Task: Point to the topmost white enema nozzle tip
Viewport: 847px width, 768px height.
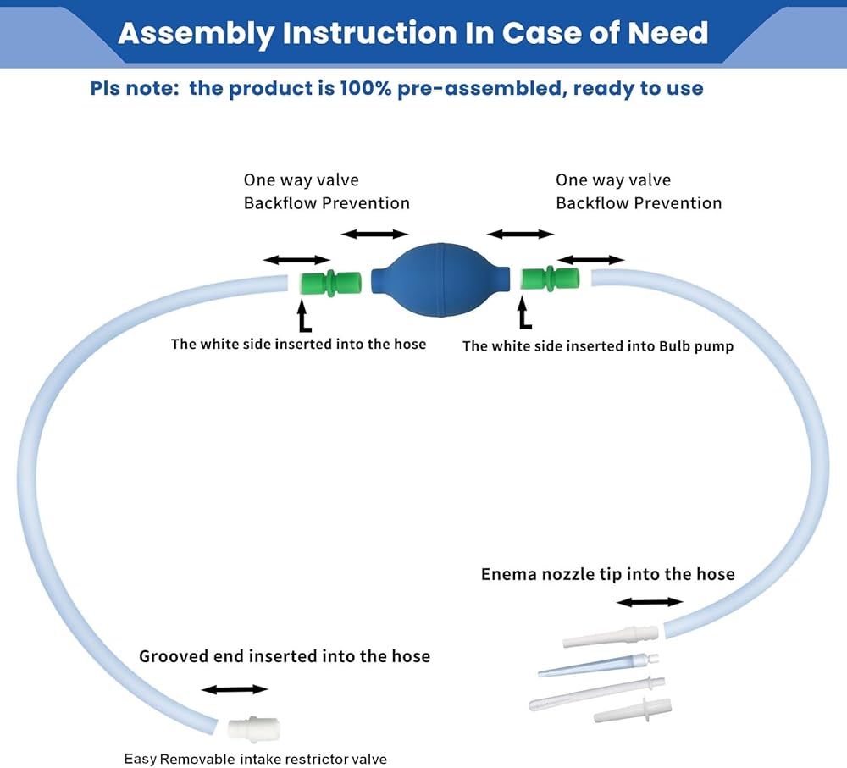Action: (x=611, y=636)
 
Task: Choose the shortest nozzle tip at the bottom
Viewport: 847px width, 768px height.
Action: (x=632, y=710)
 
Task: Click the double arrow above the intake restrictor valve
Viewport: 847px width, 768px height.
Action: (x=235, y=689)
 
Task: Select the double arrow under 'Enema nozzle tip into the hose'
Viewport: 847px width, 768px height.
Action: (x=649, y=602)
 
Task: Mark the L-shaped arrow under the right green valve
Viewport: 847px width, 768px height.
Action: (x=524, y=315)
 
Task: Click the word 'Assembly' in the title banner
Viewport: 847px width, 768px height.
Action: (x=195, y=33)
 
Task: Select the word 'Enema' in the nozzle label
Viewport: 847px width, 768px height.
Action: (x=508, y=574)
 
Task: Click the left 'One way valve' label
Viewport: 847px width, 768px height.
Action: (x=301, y=180)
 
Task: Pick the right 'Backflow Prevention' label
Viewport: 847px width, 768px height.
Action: (x=639, y=203)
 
